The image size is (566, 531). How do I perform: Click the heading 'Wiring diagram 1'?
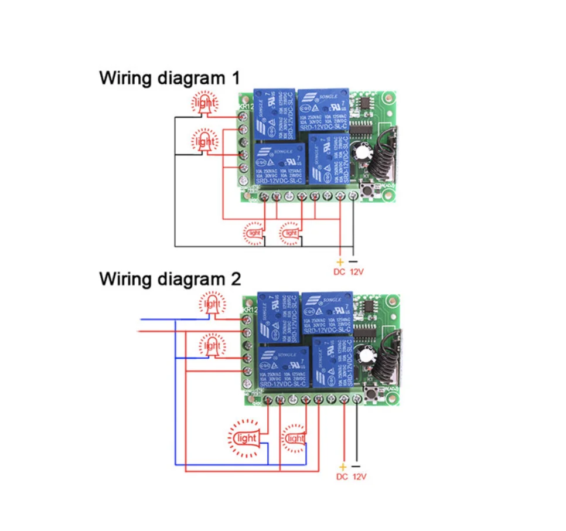pos(169,78)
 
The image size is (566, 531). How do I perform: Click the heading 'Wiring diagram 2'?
pos(170,278)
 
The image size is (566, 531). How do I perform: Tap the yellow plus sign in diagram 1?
pos(339,261)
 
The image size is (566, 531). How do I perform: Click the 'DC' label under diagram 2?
pos(342,476)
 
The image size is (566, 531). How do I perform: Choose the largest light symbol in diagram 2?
pos(246,438)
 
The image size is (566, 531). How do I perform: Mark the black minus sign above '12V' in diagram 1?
pos(353,261)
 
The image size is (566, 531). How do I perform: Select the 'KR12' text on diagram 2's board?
pos(250,310)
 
